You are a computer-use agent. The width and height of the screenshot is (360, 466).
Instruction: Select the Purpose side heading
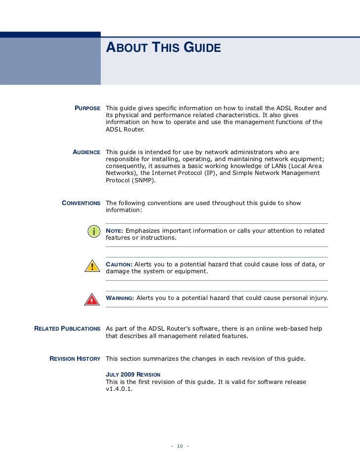tap(88, 108)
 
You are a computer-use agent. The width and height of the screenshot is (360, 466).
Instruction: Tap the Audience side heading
tap(87, 152)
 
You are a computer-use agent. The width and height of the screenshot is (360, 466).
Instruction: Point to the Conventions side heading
tap(81, 204)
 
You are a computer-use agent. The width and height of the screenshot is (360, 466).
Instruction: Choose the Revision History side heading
tap(75, 358)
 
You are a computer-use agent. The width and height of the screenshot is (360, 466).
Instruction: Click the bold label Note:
tap(115, 231)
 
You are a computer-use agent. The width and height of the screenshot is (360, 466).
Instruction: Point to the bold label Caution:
tap(119, 264)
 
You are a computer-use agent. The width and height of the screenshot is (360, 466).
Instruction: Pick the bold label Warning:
tap(120, 298)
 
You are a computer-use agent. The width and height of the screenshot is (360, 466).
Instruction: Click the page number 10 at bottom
tap(180, 447)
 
